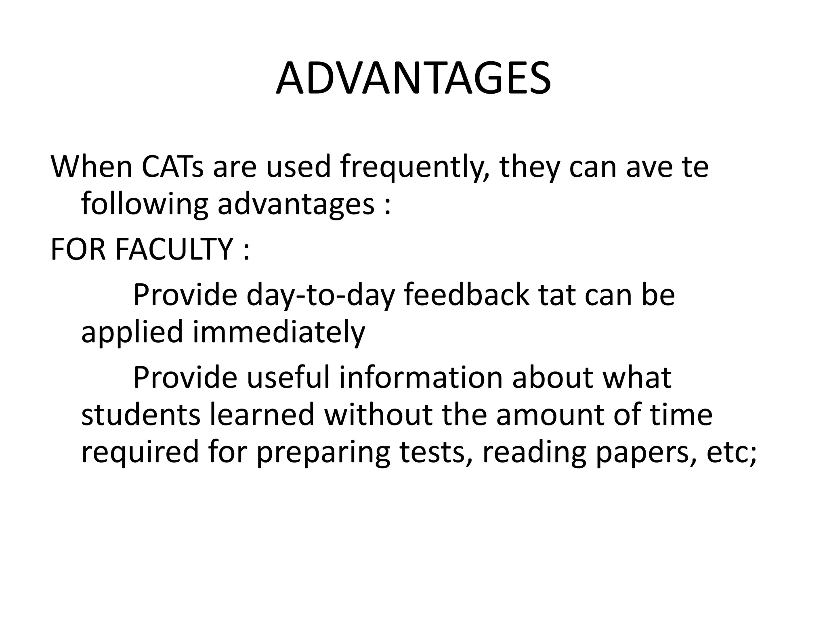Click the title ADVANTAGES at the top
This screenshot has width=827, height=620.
(x=413, y=78)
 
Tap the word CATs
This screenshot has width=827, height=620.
(x=173, y=167)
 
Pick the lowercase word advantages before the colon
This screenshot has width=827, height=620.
(x=296, y=205)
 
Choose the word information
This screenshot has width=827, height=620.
(x=420, y=377)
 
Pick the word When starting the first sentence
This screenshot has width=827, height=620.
(x=92, y=167)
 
